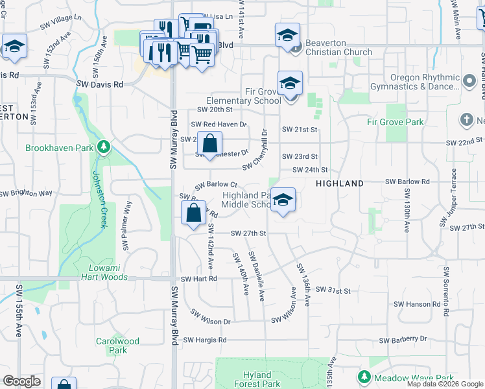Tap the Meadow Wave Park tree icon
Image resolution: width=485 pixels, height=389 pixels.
click(364, 377)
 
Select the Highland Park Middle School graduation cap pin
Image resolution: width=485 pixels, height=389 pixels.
click(283, 200)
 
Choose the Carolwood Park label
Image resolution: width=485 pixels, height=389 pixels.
click(117, 346)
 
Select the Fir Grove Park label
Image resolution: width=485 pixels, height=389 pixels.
click(395, 122)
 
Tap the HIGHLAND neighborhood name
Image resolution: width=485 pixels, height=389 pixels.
click(339, 183)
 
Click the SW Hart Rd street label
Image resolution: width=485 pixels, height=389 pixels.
click(198, 278)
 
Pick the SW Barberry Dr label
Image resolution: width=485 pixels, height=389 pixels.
click(403, 340)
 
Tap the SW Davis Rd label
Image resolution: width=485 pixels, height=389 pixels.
click(99, 84)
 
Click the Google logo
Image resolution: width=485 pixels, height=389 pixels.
click(21, 381)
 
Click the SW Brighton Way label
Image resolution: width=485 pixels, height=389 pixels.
click(26, 193)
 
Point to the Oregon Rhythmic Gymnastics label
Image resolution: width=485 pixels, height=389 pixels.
click(415, 82)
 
